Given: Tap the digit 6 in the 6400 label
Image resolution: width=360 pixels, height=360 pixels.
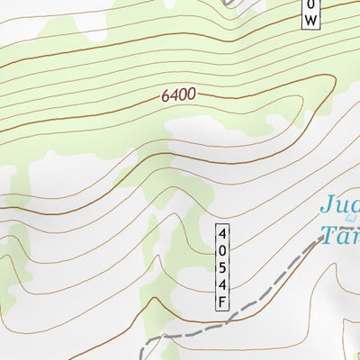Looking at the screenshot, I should (167, 96).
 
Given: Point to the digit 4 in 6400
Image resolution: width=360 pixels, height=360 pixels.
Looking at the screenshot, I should (175, 95).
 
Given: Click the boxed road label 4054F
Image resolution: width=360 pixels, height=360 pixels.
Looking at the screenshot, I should (221, 267).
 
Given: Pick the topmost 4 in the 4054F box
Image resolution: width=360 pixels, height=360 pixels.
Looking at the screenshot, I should (221, 233).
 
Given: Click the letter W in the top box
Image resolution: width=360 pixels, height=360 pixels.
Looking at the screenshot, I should (310, 20).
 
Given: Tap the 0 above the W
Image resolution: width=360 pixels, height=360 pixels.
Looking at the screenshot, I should (310, 4).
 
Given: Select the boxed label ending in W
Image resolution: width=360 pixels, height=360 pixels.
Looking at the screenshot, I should (310, 13).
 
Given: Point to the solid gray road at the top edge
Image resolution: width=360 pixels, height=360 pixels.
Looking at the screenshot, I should (233, 4).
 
